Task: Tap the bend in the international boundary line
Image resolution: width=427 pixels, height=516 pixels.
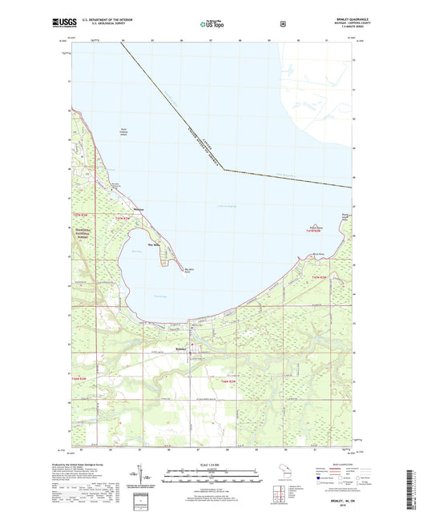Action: [x=224, y=170]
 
